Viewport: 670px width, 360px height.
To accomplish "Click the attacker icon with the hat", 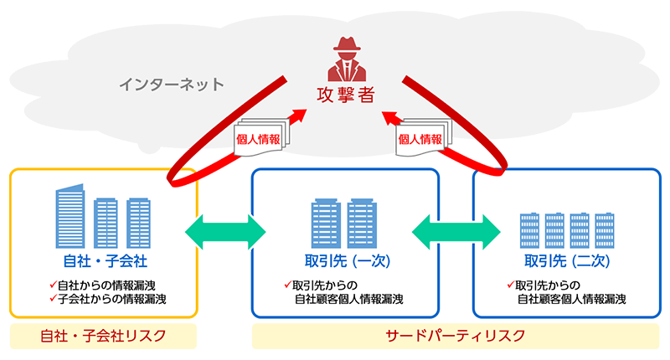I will point(345,57).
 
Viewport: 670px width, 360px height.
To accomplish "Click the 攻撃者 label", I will point(345,94).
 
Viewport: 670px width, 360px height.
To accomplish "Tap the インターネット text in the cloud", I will point(171,84).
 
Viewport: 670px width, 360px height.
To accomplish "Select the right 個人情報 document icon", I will point(420,139).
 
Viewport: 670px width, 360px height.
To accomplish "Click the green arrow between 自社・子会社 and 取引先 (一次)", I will point(224,229).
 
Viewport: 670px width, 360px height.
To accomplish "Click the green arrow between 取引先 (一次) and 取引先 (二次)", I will point(455,229).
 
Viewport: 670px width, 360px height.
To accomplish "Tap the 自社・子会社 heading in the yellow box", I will point(104,260).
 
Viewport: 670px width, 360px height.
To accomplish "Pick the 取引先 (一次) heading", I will point(345,260).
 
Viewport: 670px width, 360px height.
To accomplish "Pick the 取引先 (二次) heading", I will point(567,260).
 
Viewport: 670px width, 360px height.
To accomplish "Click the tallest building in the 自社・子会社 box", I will point(70,217).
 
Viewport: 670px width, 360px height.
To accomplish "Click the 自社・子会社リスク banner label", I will point(104,337).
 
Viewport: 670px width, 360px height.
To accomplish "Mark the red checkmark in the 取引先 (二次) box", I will point(510,283).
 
